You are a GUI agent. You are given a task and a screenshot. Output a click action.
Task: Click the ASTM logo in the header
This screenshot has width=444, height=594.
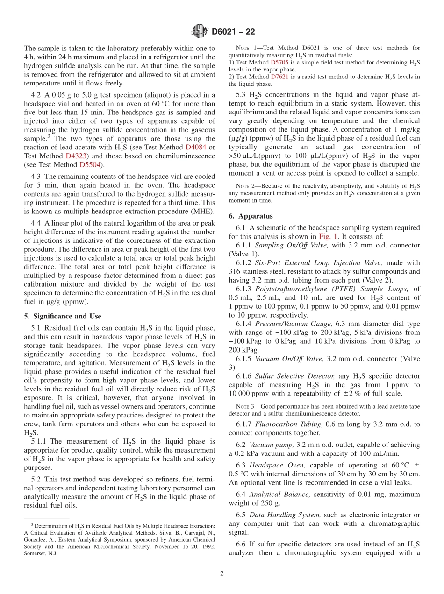pos(199,32)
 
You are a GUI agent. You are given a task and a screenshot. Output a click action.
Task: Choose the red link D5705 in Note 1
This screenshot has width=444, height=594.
pos(280,63)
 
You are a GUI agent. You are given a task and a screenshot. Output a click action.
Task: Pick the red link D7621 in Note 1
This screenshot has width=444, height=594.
pos(280,77)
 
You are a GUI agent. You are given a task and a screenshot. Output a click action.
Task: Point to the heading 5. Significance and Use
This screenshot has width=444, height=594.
pos(62,316)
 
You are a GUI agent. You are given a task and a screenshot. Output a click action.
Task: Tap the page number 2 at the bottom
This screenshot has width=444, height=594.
pos(222,573)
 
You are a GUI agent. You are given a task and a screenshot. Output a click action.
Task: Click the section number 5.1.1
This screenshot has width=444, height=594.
pos(39,441)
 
